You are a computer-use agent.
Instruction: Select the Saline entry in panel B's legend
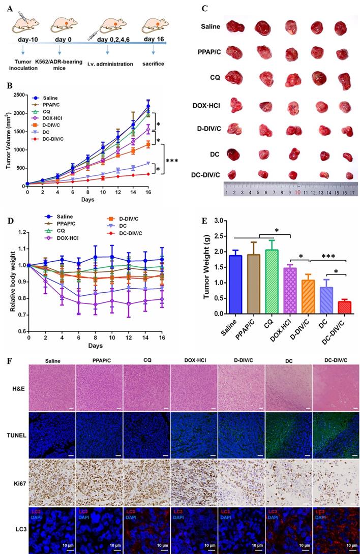click(x=50, y=98)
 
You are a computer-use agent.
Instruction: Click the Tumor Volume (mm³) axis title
click(x=7, y=140)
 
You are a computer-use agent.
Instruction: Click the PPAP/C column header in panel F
click(x=98, y=361)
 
